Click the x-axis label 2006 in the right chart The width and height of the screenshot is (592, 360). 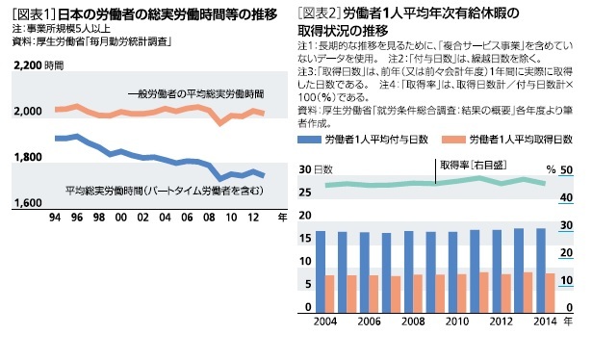point(369,321)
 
